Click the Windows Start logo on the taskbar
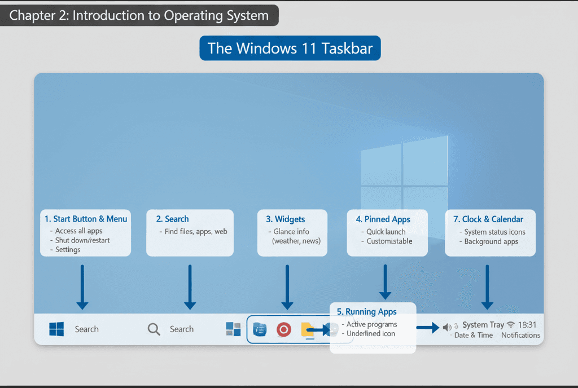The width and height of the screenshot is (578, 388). pyautogui.click(x=56, y=329)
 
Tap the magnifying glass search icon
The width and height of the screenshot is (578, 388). pyautogui.click(x=154, y=329)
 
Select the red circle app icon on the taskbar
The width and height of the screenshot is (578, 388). pyautogui.click(x=284, y=329)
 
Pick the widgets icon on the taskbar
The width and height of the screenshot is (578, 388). pyautogui.click(x=233, y=329)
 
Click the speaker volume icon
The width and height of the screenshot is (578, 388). pyautogui.click(x=447, y=327)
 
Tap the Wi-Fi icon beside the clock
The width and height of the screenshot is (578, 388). pyautogui.click(x=511, y=325)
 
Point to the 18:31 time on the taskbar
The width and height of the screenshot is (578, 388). pyautogui.click(x=527, y=325)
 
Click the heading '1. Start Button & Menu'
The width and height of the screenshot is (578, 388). pyautogui.click(x=86, y=219)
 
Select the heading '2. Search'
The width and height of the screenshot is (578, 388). pyautogui.click(x=173, y=219)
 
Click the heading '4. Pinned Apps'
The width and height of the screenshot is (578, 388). pyautogui.click(x=383, y=219)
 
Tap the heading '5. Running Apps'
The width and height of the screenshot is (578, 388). pyautogui.click(x=367, y=312)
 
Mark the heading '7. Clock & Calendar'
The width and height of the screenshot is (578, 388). pyautogui.click(x=488, y=219)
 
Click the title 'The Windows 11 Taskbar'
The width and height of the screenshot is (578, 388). pyautogui.click(x=290, y=48)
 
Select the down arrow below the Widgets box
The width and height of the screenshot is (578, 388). pyautogui.click(x=287, y=288)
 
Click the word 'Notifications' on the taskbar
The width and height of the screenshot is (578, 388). pyautogui.click(x=520, y=335)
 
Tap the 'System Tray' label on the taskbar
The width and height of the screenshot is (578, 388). pyautogui.click(x=483, y=325)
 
